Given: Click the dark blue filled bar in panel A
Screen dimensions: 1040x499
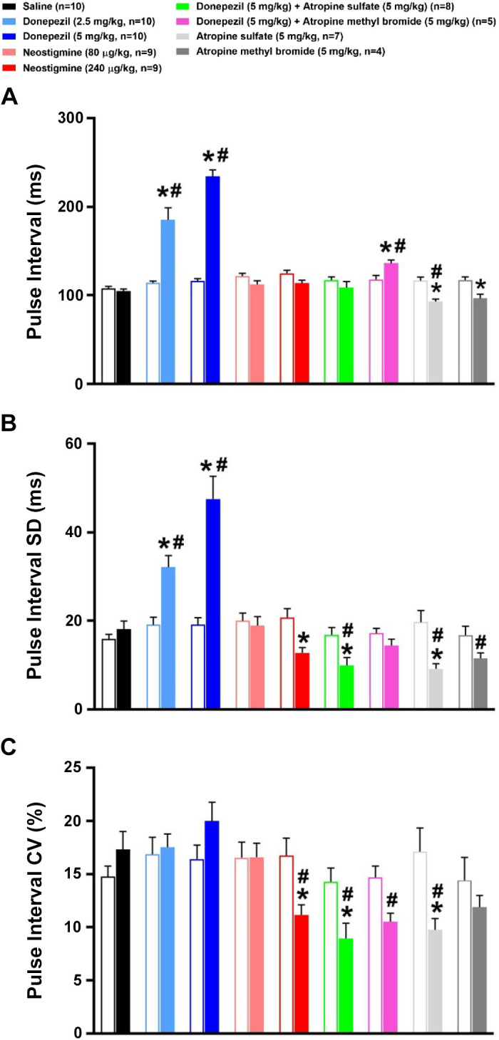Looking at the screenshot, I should coord(212,280).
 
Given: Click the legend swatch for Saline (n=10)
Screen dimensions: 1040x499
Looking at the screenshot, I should coord(9,6).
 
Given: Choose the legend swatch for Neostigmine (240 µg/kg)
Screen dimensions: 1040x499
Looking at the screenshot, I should coord(9,71).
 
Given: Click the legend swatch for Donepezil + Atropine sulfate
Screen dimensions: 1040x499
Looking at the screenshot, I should coord(252,8).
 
